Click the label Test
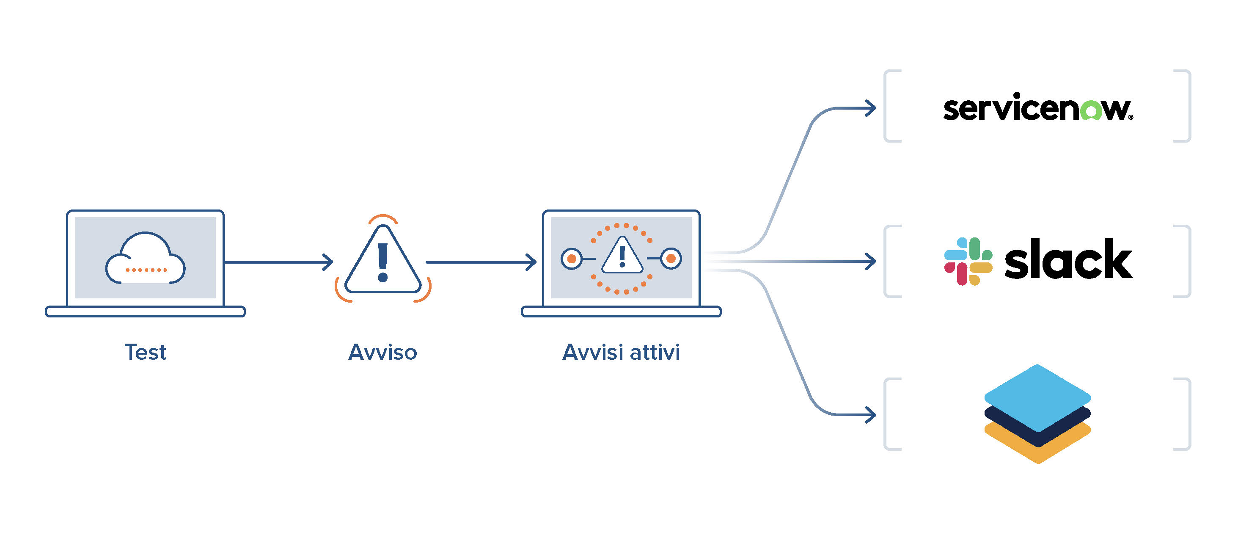tap(145, 352)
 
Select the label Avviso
tap(382, 352)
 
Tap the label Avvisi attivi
tap(621, 352)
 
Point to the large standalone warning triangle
tap(383, 262)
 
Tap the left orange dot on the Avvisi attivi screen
tap(572, 259)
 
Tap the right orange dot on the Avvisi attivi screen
tap(671, 259)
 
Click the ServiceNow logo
tap(1038, 107)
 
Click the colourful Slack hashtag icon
tap(968, 261)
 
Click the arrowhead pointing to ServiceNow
tap(871, 108)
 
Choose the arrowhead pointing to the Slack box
tap(871, 262)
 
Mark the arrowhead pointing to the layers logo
tap(871, 415)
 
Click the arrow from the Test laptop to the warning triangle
tap(279, 262)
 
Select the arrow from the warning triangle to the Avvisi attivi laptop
tap(481, 262)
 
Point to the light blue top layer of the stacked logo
tap(1037, 395)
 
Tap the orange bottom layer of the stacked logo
tap(1037, 449)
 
